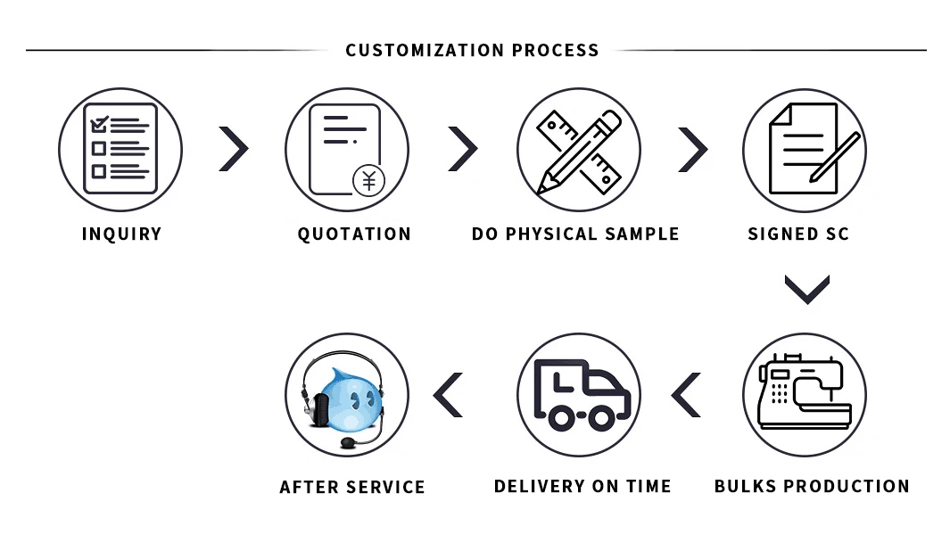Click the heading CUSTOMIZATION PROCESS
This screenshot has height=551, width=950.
click(472, 50)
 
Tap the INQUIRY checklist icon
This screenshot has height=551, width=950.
click(120, 149)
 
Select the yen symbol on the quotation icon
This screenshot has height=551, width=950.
click(368, 180)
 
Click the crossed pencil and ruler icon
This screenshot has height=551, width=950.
click(578, 150)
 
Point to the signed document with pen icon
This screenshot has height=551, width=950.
click(805, 150)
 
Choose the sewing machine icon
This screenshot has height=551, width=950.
click(805, 395)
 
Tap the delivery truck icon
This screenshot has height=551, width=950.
click(579, 395)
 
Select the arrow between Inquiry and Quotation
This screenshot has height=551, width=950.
click(234, 149)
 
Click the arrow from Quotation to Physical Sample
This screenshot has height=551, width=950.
click(462, 149)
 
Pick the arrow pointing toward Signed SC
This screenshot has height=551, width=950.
click(692, 149)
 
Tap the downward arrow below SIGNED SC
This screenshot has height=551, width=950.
click(807, 289)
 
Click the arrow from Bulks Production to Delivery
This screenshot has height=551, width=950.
click(686, 395)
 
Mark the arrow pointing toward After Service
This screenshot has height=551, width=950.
click(449, 395)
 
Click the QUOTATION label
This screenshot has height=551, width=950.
click(354, 234)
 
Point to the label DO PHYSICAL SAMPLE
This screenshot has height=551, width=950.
click(575, 234)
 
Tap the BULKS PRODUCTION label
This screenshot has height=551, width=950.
click(812, 486)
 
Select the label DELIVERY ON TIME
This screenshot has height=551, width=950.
click(582, 486)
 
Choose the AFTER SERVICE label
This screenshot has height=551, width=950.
click(352, 487)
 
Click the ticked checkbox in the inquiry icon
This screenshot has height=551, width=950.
click(99, 124)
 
